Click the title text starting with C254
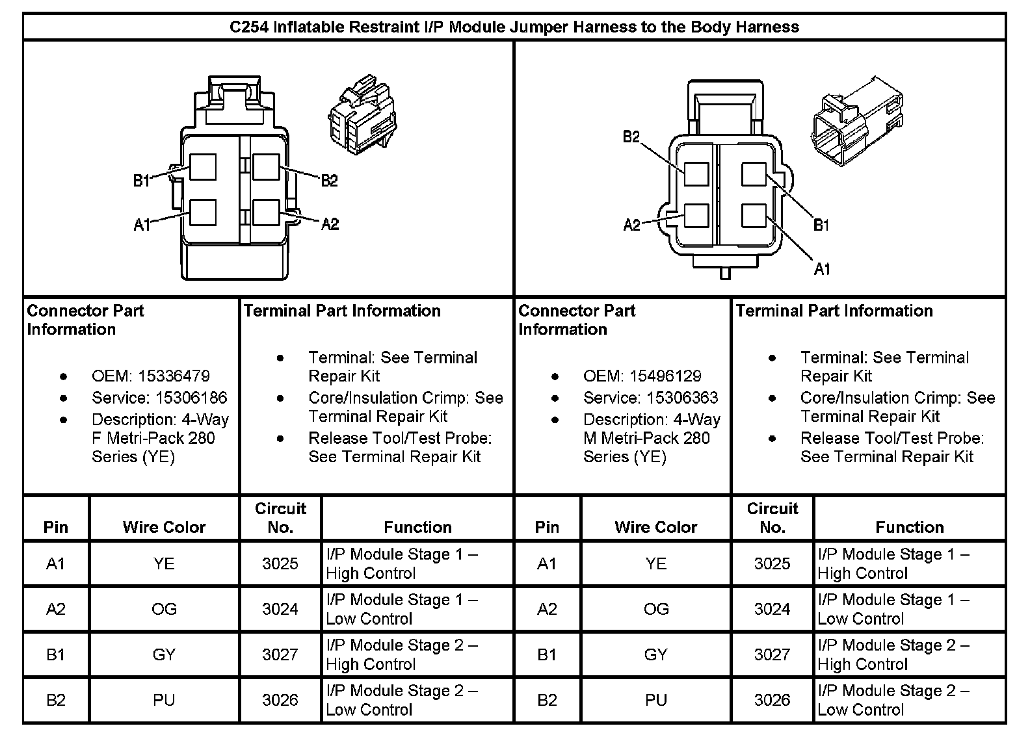coord(514,27)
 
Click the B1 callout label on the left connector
coord(142,180)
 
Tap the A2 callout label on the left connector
coord(330,224)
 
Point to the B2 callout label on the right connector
coord(631,137)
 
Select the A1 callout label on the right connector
coord(822,268)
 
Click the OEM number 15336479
coord(174,376)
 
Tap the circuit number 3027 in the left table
coord(280,654)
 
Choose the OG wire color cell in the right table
coord(655,609)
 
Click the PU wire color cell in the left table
coord(164,700)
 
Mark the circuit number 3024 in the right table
coord(772,609)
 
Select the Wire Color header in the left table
coord(164,527)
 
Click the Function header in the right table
coord(909,527)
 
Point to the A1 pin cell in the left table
coord(56,563)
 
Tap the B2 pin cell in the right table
coord(548,700)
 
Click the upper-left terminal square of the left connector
coord(203,167)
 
